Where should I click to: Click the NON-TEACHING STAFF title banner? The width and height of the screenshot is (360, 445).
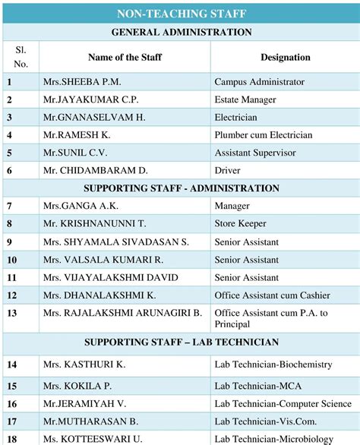click(181, 14)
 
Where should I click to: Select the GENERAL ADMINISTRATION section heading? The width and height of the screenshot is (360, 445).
click(181, 32)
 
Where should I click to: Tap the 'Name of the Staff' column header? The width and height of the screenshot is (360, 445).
click(125, 57)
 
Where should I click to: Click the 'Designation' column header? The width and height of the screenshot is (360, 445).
click(285, 57)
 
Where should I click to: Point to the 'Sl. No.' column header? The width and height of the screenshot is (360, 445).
click(21, 56)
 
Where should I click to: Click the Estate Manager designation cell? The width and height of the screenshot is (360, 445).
click(245, 99)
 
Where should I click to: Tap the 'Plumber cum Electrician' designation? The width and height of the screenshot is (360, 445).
click(263, 135)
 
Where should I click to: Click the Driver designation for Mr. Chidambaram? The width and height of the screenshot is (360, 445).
click(227, 171)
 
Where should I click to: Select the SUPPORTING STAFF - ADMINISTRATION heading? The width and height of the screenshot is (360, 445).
click(181, 188)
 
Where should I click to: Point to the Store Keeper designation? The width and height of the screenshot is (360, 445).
click(242, 224)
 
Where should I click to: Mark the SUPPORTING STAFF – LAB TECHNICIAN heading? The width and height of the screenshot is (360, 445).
click(181, 342)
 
